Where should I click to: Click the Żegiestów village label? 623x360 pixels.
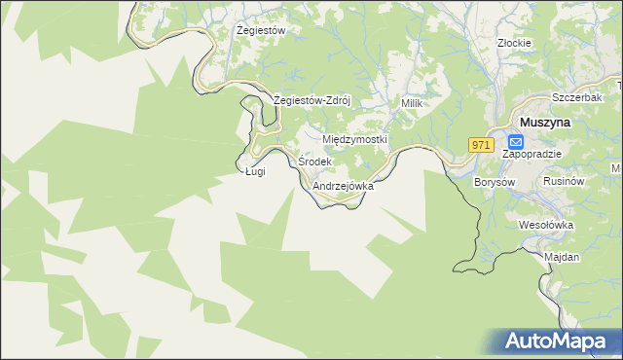coord(261,30)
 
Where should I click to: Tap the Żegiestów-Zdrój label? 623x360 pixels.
coord(311,100)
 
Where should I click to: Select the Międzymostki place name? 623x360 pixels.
coord(354,139)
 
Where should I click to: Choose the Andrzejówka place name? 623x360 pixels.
coord(343,185)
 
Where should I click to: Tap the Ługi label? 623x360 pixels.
coord(255,172)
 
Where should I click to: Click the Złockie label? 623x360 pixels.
coord(513,43)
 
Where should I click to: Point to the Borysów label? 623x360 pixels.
coord(494,182)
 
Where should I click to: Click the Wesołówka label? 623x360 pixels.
coord(547,225)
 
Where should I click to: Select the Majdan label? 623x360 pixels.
coord(563,257)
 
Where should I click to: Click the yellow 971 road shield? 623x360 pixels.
coord(480,144)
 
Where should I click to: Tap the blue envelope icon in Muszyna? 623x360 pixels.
coord(516,141)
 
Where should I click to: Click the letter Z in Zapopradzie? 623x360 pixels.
coord(505,154)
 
